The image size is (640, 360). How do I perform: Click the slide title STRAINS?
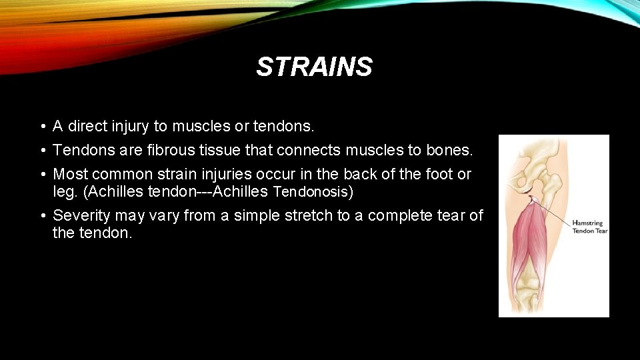(x=314, y=67)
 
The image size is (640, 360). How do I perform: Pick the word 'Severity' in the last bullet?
(x=82, y=215)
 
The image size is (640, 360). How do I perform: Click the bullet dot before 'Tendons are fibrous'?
(x=41, y=151)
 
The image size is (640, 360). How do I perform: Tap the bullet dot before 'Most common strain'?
(x=41, y=175)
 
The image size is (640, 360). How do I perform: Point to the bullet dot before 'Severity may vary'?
(x=41, y=216)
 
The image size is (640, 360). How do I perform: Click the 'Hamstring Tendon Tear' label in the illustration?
(x=589, y=227)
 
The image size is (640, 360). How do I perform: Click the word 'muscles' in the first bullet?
(x=198, y=126)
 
